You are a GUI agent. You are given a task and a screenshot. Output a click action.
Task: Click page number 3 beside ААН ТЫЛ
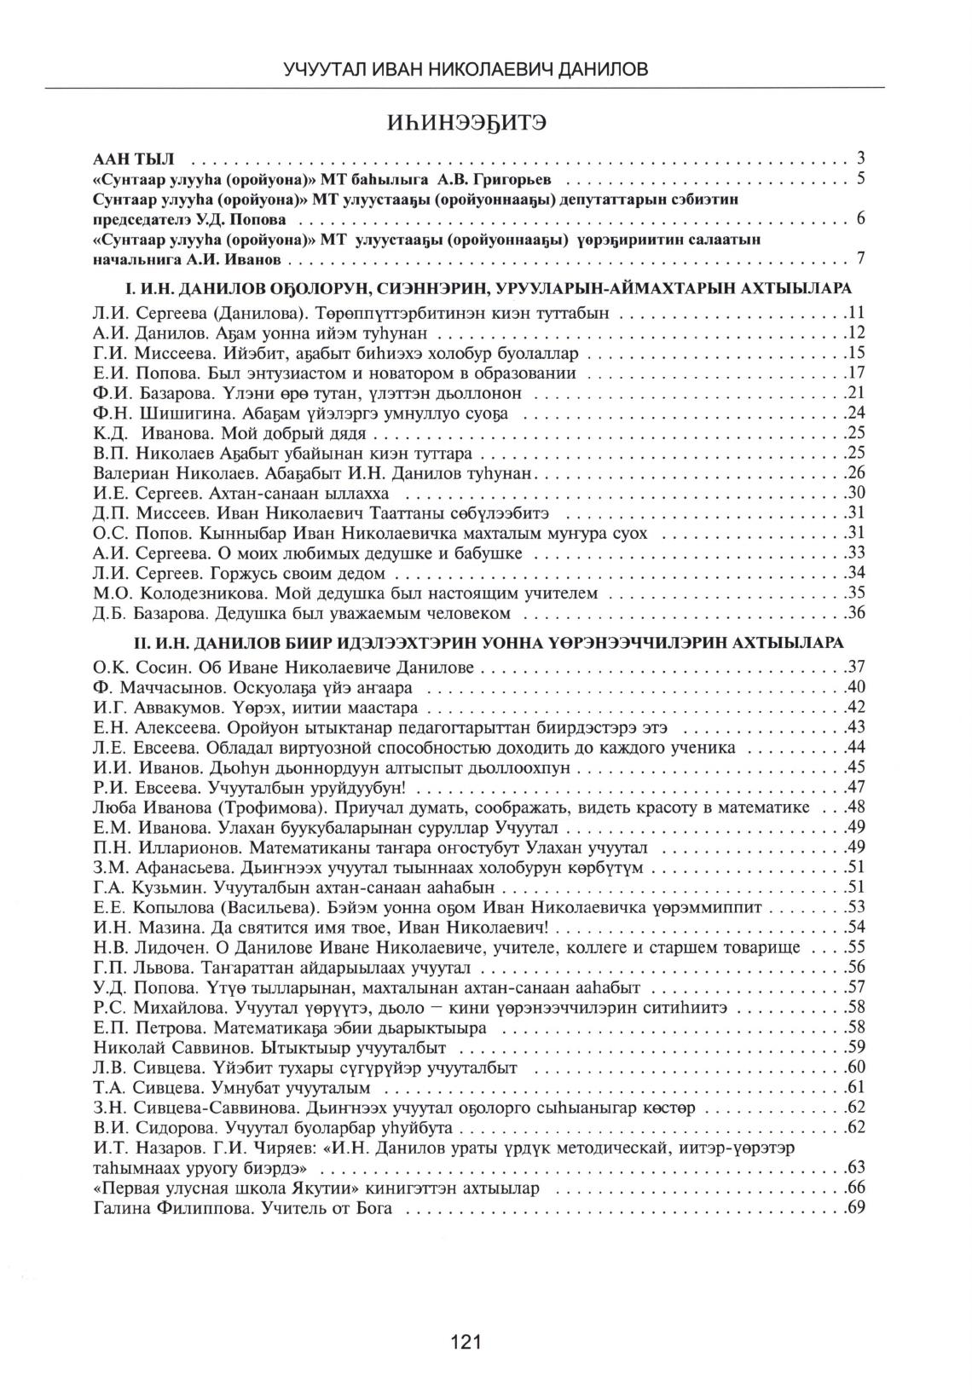pos(861,158)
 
